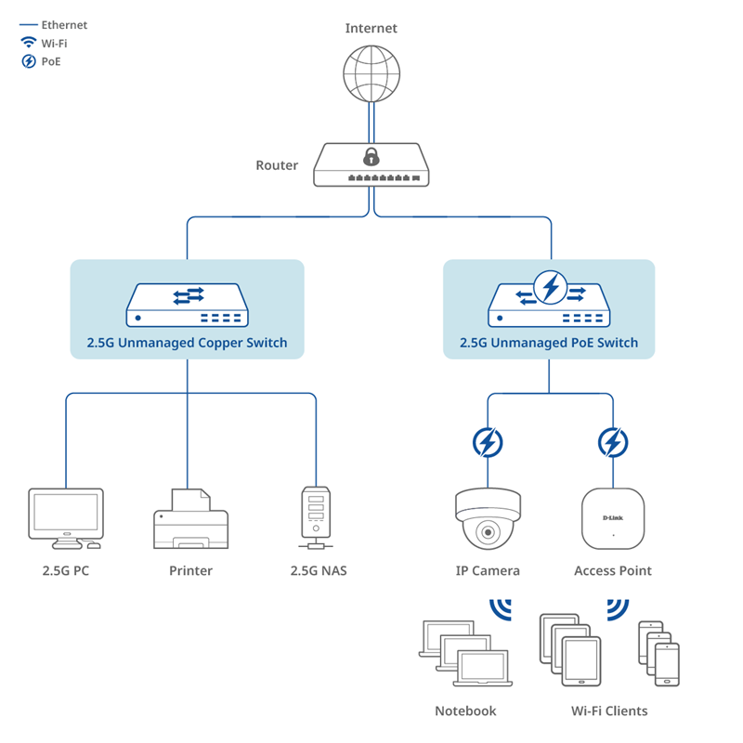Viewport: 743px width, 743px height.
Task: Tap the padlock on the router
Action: point(371,155)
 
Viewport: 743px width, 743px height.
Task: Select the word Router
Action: point(277,165)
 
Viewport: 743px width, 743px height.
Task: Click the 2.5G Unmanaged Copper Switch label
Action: point(187,343)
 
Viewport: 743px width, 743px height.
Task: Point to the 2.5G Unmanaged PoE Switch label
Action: point(549,343)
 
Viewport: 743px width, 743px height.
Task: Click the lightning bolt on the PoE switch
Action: point(551,286)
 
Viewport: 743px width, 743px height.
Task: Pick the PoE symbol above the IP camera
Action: point(488,442)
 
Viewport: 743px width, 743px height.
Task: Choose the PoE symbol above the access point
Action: point(612,442)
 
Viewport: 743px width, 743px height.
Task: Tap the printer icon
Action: point(189,520)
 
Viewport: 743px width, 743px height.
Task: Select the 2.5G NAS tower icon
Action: point(315,515)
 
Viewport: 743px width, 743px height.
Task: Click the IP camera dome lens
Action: point(488,533)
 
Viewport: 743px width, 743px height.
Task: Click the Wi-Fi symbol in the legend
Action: point(28,43)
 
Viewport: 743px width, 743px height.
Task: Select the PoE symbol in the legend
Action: point(28,61)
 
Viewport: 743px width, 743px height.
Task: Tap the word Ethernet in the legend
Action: point(64,25)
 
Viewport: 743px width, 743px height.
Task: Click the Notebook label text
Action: point(465,710)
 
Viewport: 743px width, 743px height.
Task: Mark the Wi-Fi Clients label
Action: point(609,710)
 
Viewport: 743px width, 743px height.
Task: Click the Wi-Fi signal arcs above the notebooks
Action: point(502,607)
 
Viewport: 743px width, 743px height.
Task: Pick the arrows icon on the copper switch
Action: point(188,295)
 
